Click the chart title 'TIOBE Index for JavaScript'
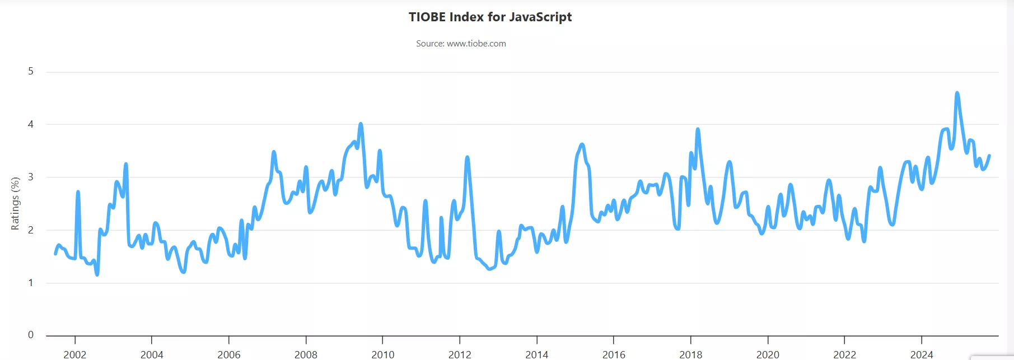(490, 17)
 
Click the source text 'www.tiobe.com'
(476, 44)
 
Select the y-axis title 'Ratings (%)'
(15, 203)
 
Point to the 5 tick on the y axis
(31, 71)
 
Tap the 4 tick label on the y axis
(31, 124)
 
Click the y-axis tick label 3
(31, 177)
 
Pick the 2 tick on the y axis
(31, 230)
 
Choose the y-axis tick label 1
(31, 283)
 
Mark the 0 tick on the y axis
(31, 335)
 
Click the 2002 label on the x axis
(74, 354)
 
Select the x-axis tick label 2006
(228, 354)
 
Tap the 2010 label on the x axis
(382, 354)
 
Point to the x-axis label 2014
(536, 354)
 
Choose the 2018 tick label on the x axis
(690, 354)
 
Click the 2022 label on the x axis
(844, 354)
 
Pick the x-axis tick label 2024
(921, 354)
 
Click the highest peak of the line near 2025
(957, 93)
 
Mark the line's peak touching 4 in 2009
(361, 124)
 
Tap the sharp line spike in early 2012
(467, 157)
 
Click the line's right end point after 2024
(989, 156)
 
